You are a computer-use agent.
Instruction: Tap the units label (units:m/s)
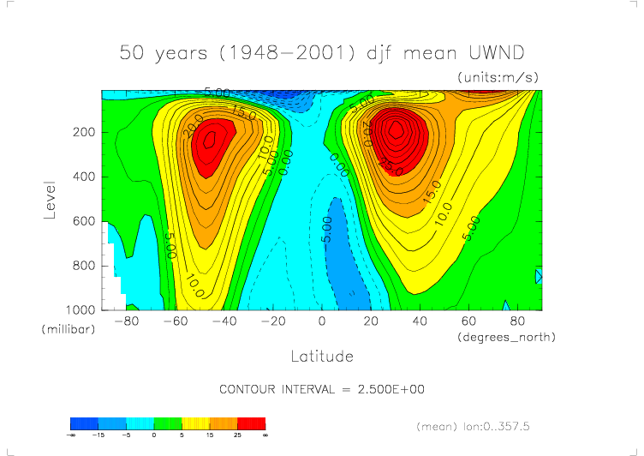tap(498, 77)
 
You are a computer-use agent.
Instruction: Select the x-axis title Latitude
tap(321, 355)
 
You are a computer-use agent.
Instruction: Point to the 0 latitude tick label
tap(322, 321)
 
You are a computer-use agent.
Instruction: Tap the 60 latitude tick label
tap(468, 321)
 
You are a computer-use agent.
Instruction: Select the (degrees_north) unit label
tap(507, 337)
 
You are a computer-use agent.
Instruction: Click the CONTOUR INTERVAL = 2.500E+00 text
tap(322, 389)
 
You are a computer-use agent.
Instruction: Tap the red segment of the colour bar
tap(251, 423)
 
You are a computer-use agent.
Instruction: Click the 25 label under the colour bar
tap(237, 435)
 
